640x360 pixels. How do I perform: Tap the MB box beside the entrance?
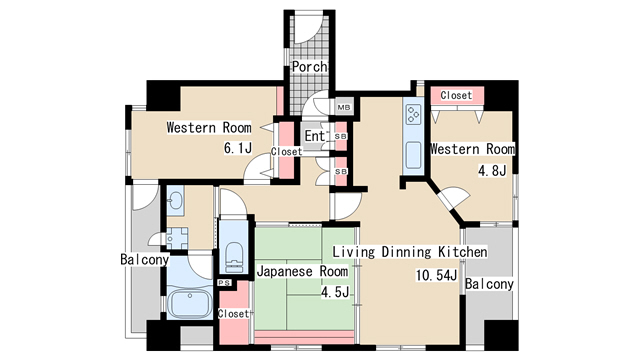coord(343,107)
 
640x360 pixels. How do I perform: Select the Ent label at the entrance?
coord(314,136)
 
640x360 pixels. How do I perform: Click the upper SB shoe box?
coord(341,136)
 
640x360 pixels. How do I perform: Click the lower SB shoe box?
coord(341,171)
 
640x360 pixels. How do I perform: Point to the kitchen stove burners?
coord(413,115)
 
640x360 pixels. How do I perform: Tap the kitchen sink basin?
coord(413,155)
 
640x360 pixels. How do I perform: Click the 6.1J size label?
coord(236,149)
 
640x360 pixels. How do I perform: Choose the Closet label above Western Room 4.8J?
coord(456,96)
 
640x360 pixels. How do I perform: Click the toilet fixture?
coord(234,256)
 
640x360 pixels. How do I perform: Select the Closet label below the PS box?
coord(233,314)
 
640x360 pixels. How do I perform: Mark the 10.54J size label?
coord(437,275)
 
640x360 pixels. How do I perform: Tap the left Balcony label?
coord(144,260)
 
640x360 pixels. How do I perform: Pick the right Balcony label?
coord(489,284)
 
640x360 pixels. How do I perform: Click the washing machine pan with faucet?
coord(177,239)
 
